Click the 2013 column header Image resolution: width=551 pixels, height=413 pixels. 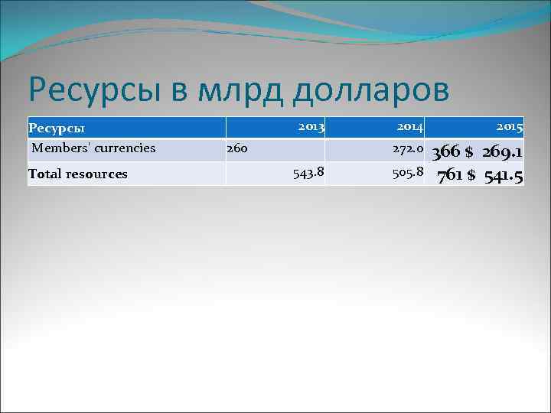pos(311,125)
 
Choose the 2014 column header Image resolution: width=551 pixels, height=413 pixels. pos(410,125)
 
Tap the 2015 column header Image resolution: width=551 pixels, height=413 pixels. pos(508,125)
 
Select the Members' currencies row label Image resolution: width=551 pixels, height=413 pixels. pos(94,148)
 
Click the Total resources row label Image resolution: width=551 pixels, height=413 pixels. pos(78,174)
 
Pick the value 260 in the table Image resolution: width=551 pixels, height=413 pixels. pos(236,148)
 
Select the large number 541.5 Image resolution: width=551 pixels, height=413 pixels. pos(504,177)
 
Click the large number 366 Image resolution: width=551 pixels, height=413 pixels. pos(446,153)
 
